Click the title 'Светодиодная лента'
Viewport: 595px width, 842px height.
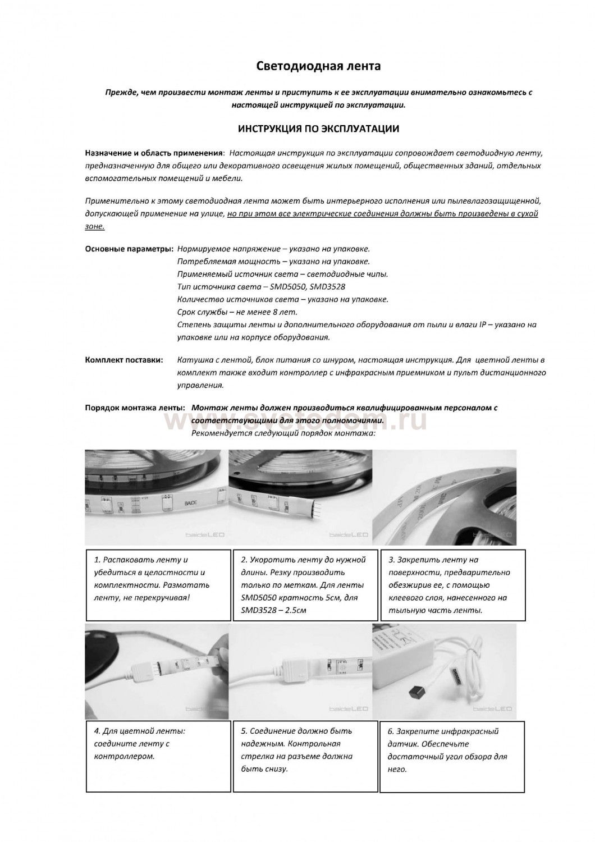318,67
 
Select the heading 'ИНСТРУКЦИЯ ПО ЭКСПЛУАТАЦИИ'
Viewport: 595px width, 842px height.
318,129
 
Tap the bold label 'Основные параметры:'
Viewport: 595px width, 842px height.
129,249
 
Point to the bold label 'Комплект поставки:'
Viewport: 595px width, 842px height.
124,359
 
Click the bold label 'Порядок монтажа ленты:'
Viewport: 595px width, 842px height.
135,408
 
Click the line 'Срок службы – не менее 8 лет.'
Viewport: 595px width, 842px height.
237,312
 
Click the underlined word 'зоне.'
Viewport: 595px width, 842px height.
94,227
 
